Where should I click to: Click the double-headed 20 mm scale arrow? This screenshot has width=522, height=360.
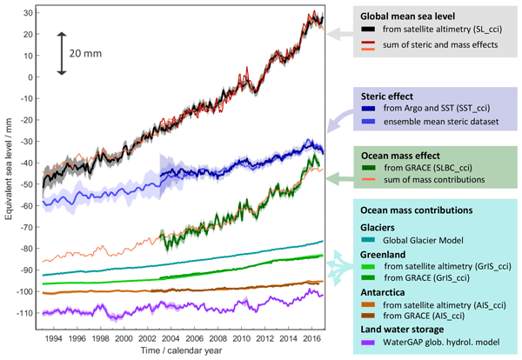click(61, 52)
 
